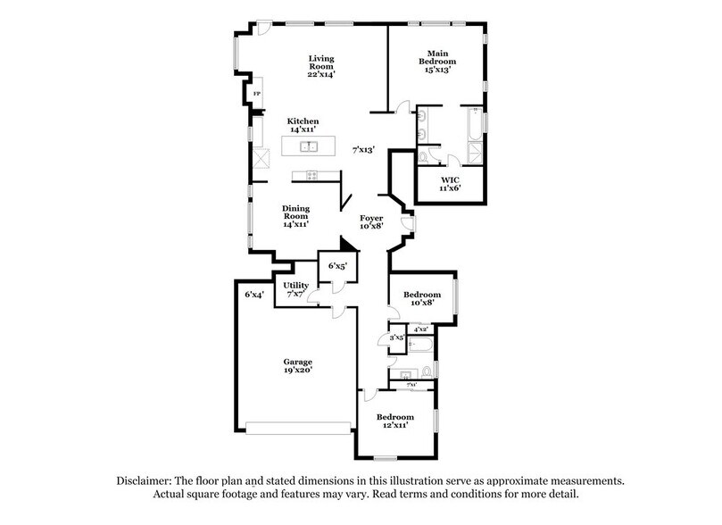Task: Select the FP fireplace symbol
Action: pos(257,94)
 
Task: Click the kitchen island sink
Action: pos(304,145)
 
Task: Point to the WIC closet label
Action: pos(449,180)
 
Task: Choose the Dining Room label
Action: pos(295,212)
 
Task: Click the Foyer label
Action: pos(372,217)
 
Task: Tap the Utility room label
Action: pos(296,285)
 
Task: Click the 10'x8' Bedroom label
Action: pos(421,296)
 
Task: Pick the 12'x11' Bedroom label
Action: pos(394,417)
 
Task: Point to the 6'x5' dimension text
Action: pos(336,265)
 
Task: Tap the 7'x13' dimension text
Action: pos(363,150)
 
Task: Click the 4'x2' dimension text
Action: pos(419,329)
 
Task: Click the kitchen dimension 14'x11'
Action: pos(303,130)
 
